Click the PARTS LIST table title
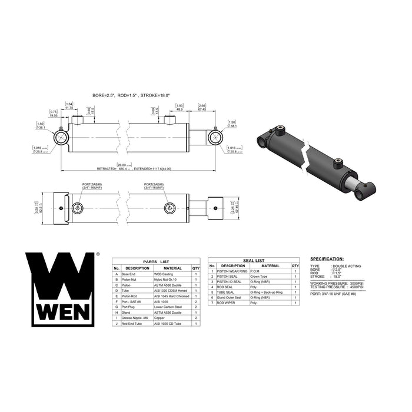tap(156, 261)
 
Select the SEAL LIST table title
tap(254, 260)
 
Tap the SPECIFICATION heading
tap(327, 259)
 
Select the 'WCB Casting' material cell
tap(164, 274)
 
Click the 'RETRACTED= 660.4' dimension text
tap(112, 168)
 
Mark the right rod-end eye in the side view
tap(215, 138)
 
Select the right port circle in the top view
tap(170, 208)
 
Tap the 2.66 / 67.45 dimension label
tap(202, 107)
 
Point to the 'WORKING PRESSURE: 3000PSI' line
tap(337, 283)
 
